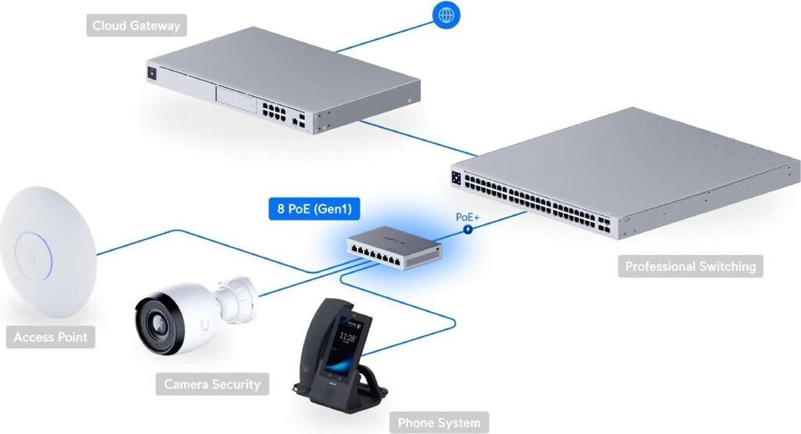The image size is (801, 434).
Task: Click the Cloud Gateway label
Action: click(136, 26)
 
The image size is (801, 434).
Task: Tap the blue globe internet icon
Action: click(447, 14)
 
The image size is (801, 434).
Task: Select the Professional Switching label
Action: click(690, 266)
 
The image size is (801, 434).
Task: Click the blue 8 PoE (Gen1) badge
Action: click(308, 210)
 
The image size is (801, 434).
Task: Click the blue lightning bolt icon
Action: click(469, 230)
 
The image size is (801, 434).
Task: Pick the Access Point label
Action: click(52, 338)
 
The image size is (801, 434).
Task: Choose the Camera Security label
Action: click(212, 384)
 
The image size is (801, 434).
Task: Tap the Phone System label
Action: click(439, 423)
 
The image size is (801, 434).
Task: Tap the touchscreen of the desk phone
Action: click(350, 339)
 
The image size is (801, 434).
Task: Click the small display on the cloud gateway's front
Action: click(151, 74)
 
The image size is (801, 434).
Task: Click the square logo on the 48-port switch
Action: click(456, 178)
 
